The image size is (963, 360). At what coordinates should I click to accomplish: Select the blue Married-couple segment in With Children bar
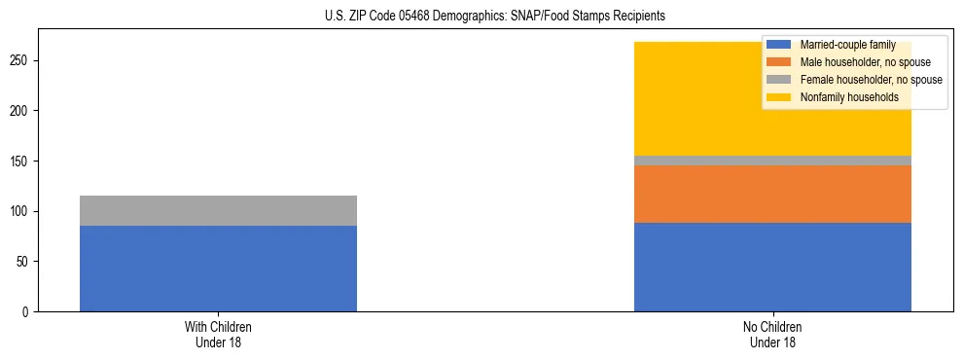[218, 269]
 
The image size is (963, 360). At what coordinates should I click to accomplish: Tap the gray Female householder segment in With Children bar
[218, 211]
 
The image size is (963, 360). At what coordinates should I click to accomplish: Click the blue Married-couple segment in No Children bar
[772, 267]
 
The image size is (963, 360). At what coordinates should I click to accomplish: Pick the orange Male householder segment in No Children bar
[772, 194]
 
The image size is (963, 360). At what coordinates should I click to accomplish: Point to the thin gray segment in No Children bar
[772, 161]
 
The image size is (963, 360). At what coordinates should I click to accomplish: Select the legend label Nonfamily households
[842, 97]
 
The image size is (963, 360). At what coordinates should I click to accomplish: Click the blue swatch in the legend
[779, 45]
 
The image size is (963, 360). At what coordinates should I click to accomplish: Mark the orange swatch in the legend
[779, 62]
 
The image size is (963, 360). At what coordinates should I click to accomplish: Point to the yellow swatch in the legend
[779, 97]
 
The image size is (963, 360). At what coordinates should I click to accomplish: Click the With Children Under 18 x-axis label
[218, 335]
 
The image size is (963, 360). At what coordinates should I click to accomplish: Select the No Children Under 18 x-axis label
[772, 335]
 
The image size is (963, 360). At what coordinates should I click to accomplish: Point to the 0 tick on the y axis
[29, 311]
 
